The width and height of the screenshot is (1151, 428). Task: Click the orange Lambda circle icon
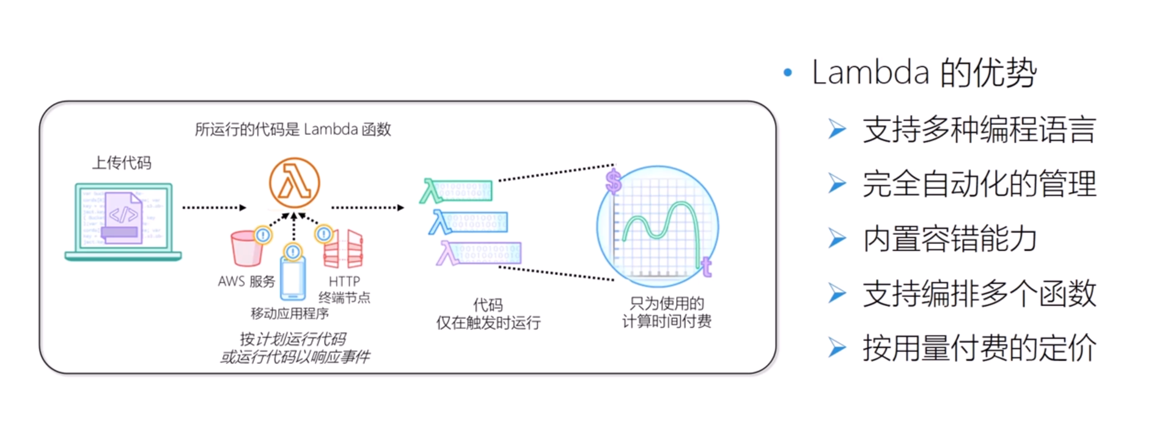coord(294,183)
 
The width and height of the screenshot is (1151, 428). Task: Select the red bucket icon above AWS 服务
coord(246,248)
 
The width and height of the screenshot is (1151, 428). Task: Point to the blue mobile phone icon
coord(293,278)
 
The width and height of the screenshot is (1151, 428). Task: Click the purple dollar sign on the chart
coord(613,181)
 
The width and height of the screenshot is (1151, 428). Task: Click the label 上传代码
coord(122,163)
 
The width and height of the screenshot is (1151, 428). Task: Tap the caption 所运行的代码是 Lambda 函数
coord(293,129)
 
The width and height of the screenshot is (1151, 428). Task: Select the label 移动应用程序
coord(290,314)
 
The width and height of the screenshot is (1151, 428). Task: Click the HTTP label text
coord(344,281)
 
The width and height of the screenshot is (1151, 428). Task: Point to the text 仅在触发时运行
coord(488,322)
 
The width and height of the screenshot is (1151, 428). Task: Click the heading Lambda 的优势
coord(924,73)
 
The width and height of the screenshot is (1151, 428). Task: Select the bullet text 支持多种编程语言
coord(979,130)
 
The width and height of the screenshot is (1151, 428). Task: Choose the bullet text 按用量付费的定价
coord(979,348)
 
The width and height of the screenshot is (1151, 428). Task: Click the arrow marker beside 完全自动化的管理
coord(837,184)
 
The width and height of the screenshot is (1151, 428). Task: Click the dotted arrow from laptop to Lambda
coord(214,208)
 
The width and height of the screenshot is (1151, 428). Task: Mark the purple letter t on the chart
coord(707,267)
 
